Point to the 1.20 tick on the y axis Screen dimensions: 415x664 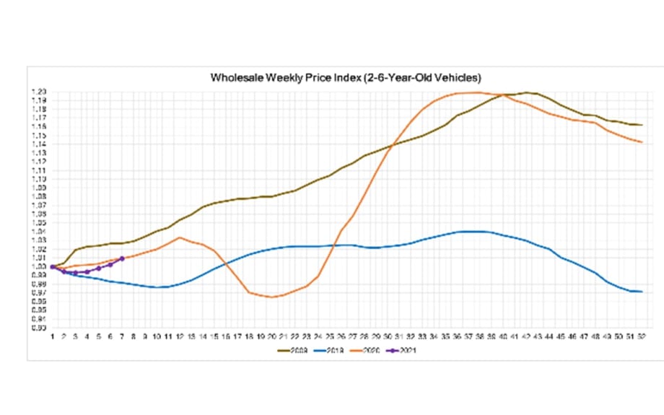pos(39,92)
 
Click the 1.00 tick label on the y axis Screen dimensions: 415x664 pos(39,266)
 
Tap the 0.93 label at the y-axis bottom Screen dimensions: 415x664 pos(39,327)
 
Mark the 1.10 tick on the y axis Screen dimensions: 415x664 pos(39,179)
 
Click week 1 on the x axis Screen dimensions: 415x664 pos(52,336)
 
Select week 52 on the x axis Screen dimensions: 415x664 pos(642,336)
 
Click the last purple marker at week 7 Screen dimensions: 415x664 pos(121,258)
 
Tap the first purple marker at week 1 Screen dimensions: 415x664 pos(52,266)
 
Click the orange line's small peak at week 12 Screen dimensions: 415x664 pos(180,237)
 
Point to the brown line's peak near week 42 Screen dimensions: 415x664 pos(527,92)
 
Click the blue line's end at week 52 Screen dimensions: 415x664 pos(642,292)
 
